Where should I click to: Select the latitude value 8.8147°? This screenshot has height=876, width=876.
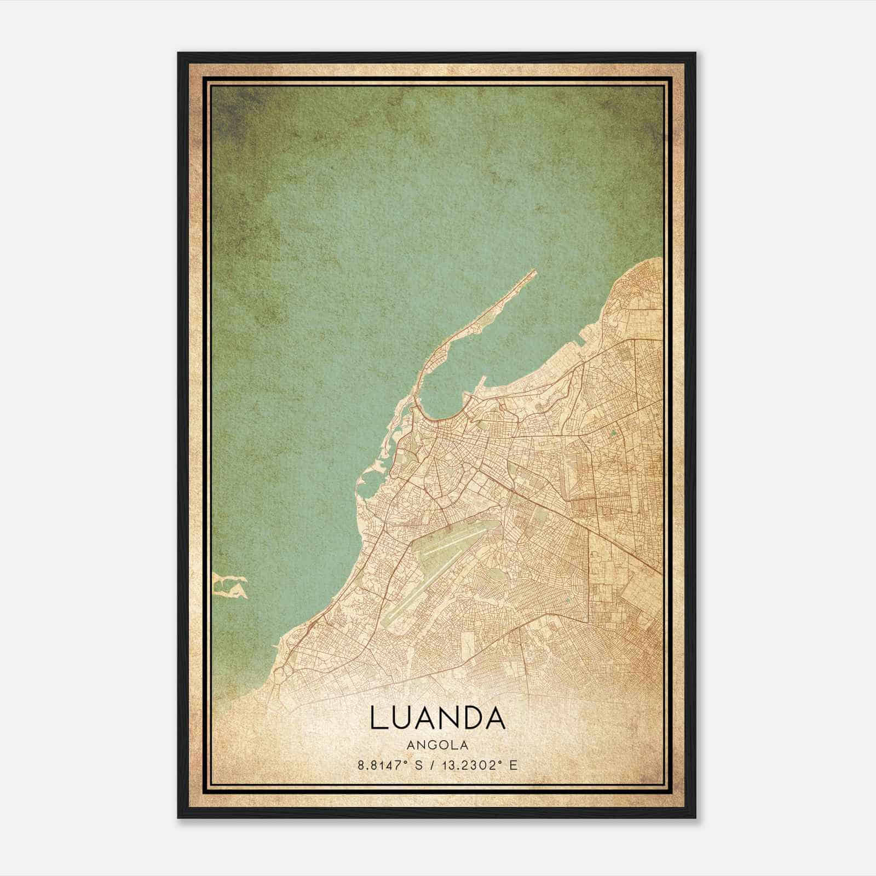[385, 765]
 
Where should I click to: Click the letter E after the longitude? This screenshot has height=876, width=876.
[513, 765]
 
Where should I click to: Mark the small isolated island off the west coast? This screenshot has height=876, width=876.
[230, 586]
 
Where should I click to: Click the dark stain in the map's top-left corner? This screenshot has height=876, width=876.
[230, 109]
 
